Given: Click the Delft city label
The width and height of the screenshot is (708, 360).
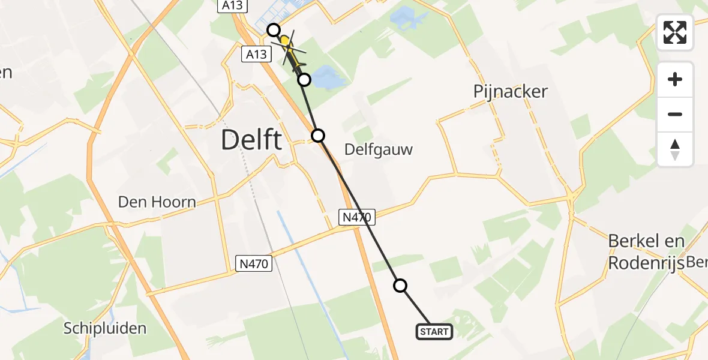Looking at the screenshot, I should coord(251,140).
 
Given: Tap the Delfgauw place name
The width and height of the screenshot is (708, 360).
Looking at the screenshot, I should coord(379,149).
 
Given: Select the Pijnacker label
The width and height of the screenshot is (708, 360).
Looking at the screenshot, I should coord(510,92).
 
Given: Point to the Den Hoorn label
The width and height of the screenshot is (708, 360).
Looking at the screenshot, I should coord(157,202).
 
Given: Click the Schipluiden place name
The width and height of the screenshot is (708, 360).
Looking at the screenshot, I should coord(105,328).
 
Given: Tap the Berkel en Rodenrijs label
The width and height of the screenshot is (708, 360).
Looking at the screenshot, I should coord(646,252).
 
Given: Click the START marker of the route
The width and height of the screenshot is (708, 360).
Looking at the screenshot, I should coord(434,332).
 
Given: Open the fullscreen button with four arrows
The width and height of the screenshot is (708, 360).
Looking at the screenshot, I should coord(675,32).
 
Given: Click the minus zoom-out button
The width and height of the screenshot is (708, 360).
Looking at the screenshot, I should coord(675,114).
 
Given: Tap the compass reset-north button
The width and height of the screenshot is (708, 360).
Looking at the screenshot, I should coord(675,149).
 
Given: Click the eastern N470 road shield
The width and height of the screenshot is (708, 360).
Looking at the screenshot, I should coord(358,217).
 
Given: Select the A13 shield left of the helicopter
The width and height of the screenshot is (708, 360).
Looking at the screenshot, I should coord(256,55).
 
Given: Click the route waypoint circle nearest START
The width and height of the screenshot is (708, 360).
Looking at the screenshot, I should coord(400,286).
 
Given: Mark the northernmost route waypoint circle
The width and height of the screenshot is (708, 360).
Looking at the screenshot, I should coord(274,30).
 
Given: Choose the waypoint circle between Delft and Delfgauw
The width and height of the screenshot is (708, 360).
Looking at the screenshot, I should coord(318,136).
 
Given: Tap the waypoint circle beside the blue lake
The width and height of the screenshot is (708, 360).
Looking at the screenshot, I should coord(304,80).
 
